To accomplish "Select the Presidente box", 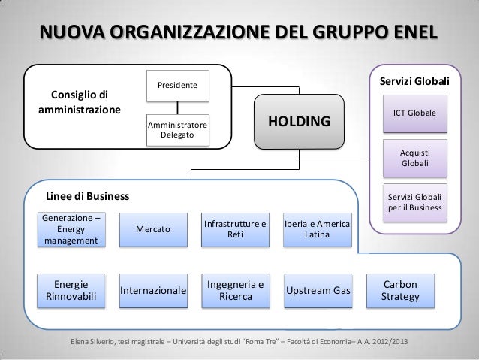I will pyautogui.click(x=177, y=87).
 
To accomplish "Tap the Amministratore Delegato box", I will pyautogui.click(x=177, y=129).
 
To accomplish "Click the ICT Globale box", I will pyautogui.click(x=415, y=112).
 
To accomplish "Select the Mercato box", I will pyautogui.click(x=152, y=229).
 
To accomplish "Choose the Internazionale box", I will pyautogui.click(x=153, y=289).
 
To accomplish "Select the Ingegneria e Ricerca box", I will pyautogui.click(x=235, y=289).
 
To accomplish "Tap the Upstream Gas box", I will pyautogui.click(x=316, y=289).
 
